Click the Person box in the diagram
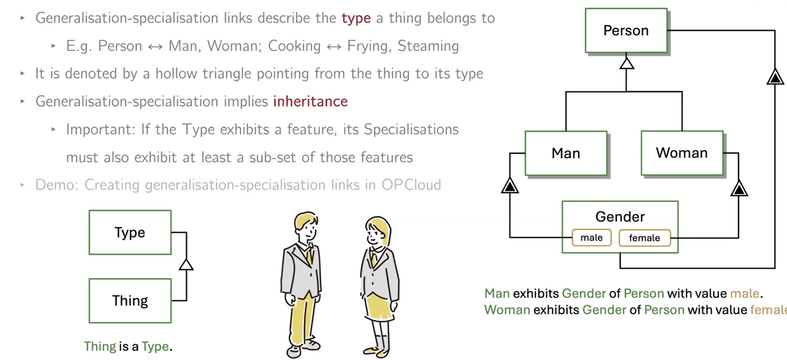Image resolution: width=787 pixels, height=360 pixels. point(626,31)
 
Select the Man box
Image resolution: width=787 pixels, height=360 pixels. point(566,153)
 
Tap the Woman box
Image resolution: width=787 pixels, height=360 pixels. point(682,153)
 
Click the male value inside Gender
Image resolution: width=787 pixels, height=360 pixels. point(591,238)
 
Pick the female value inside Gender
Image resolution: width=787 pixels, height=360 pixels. point(644,238)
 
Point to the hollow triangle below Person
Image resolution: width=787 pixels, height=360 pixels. point(626,64)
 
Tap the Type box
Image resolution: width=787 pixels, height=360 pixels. point(130,233)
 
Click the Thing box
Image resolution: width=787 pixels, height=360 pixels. point(130,301)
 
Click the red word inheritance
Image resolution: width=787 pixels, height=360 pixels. point(310,102)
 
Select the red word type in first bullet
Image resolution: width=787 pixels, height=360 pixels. point(356,18)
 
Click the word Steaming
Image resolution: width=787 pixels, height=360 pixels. point(428,46)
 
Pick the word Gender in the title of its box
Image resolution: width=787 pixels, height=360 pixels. point(620,216)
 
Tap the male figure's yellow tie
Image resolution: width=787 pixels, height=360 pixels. point(308,255)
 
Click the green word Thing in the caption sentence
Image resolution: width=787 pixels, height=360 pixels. point(100,346)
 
